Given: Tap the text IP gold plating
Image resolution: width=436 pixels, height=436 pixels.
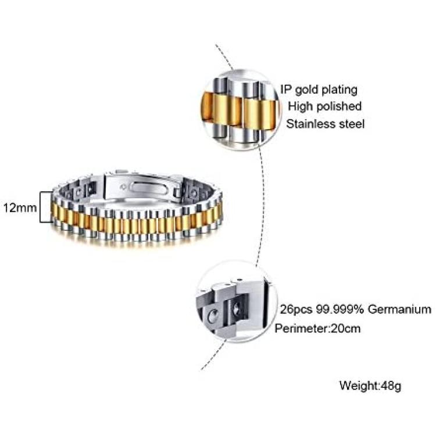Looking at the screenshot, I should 319,90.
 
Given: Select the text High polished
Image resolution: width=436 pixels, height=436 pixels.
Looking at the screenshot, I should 324,106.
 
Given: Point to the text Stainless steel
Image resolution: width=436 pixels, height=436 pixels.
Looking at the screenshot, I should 325,124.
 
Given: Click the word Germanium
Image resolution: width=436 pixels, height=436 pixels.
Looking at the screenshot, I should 401,309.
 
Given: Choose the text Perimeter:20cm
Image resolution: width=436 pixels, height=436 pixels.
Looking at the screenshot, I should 318,328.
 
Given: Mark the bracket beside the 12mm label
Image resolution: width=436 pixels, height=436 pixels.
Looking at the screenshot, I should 42,206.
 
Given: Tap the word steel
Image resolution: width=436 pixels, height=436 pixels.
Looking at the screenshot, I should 352,124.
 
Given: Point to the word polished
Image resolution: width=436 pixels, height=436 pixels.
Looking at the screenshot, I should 339,106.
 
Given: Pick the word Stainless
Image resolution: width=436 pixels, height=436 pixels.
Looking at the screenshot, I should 311,124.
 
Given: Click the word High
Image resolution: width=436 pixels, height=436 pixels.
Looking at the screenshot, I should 300,106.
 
